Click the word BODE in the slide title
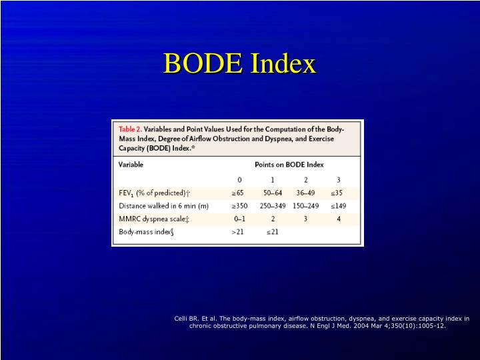(x=203, y=64)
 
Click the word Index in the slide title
(x=283, y=64)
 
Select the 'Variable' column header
(x=131, y=164)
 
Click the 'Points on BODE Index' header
(x=289, y=164)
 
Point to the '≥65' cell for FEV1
(x=238, y=193)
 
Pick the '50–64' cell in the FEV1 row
(x=272, y=193)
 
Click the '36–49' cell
(x=305, y=193)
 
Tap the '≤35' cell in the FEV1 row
(x=338, y=193)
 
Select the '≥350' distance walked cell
(x=238, y=206)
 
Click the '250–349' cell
(x=272, y=206)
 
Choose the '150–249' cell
(x=305, y=206)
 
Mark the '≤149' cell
(x=338, y=206)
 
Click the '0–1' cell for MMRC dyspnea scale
(x=239, y=219)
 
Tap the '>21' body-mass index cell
(x=238, y=232)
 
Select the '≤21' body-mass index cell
(x=272, y=232)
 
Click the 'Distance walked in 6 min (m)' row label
(x=159, y=206)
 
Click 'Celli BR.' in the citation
(x=187, y=319)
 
